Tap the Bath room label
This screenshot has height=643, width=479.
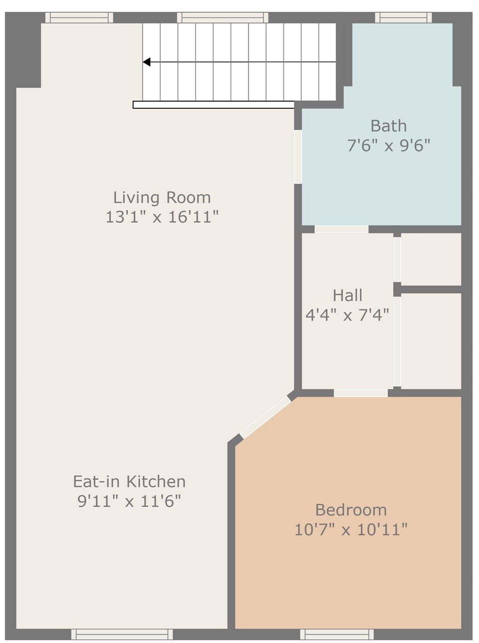(x=389, y=126)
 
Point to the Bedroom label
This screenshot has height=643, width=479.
(x=351, y=510)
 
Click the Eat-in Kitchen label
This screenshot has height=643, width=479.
(x=129, y=482)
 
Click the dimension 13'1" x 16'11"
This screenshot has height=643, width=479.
(x=162, y=217)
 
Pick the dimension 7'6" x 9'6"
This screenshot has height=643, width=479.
(x=389, y=145)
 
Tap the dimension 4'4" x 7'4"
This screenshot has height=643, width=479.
(x=347, y=315)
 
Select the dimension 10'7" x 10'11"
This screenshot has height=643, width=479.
(x=351, y=530)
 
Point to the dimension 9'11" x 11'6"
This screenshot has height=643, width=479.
(x=129, y=501)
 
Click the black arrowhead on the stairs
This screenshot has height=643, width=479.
(x=146, y=62)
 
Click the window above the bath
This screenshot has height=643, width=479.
(x=404, y=17)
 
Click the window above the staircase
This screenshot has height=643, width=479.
(x=223, y=17)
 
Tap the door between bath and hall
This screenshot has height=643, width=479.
(x=341, y=229)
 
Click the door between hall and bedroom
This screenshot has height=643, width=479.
(x=361, y=393)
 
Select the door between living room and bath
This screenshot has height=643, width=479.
(x=298, y=157)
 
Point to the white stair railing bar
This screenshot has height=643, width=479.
(x=214, y=105)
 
